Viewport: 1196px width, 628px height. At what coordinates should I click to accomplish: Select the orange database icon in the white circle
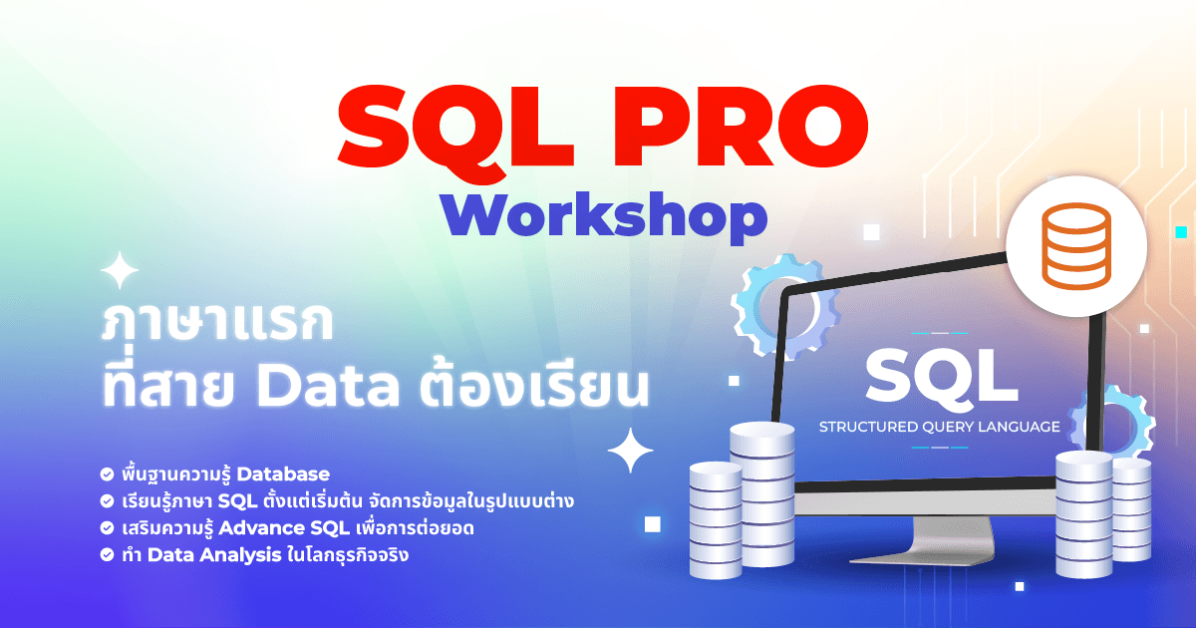pyautogui.click(x=1074, y=245)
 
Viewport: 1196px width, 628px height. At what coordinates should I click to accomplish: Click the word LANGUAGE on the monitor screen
pyautogui.click(x=1019, y=427)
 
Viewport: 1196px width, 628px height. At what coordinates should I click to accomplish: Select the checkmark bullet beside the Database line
pyautogui.click(x=107, y=473)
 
